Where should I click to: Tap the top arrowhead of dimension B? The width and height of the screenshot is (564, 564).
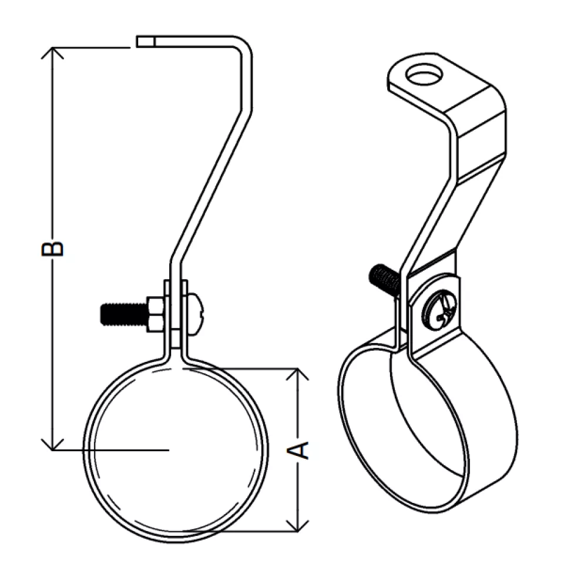coord(52,52)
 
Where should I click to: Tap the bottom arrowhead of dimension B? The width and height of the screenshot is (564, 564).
coord(52,445)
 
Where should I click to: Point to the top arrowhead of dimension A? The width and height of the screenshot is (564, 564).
coord(297,374)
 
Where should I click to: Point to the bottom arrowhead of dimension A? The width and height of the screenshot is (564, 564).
coord(297,526)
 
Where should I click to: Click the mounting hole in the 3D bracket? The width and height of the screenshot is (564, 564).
coord(424,74)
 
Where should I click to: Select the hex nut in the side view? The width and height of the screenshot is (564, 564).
coord(155,314)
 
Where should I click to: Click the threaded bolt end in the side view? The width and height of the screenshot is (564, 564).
coord(123,314)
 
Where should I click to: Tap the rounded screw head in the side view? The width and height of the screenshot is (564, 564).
coord(196,314)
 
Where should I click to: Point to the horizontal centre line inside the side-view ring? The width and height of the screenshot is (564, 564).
coord(111,450)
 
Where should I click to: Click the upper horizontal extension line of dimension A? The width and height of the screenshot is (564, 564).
coord(241,368)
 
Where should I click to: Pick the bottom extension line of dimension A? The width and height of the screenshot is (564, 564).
coord(240,531)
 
